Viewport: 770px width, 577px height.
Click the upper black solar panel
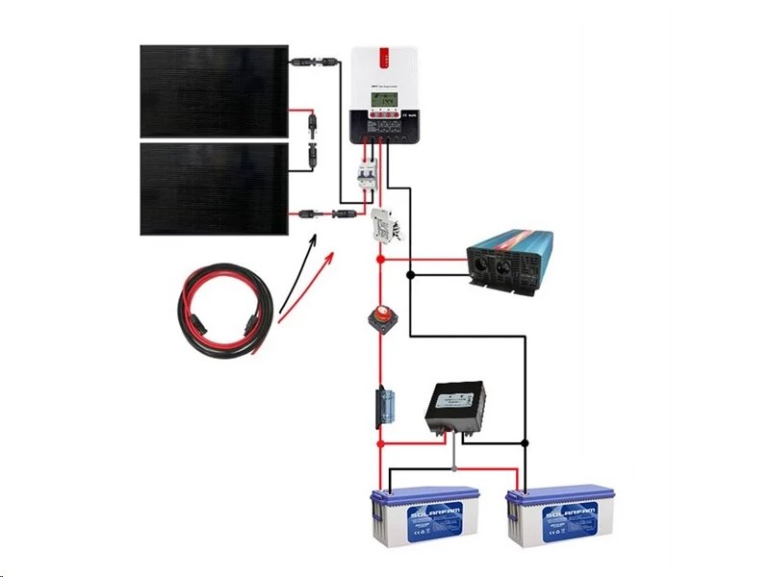(x=214, y=90)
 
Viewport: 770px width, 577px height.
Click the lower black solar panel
(x=214, y=188)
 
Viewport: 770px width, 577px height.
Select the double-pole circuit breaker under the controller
(x=365, y=179)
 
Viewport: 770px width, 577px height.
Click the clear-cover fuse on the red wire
(x=380, y=406)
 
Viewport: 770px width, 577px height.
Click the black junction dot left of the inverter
(x=411, y=276)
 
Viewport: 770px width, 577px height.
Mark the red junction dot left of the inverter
(x=380, y=257)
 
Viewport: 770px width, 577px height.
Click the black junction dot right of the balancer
(x=525, y=442)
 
